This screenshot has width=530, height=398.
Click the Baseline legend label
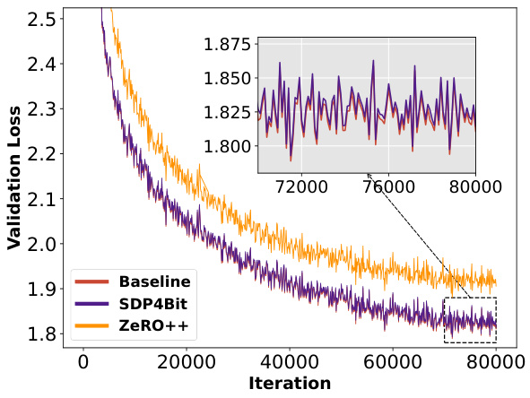pyautogui.click(x=154, y=281)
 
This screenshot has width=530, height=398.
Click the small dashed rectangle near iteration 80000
pyautogui.click(x=470, y=320)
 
